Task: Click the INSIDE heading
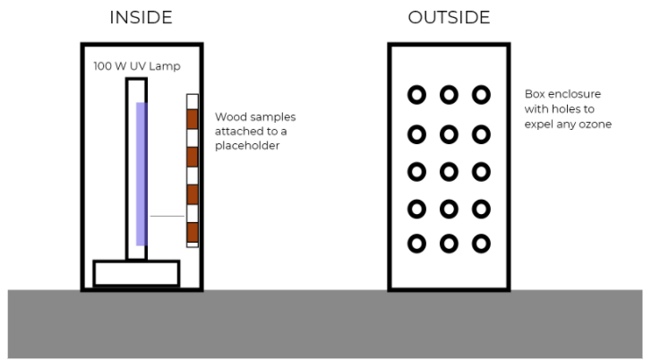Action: [x=142, y=18]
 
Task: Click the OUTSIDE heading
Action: [x=449, y=18]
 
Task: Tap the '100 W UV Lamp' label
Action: [x=126, y=66]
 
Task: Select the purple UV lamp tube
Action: [x=141, y=174]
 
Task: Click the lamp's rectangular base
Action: [x=136, y=272]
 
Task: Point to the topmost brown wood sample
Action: [x=192, y=119]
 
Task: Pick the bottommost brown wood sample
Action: [x=192, y=231]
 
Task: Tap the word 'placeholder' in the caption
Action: [x=246, y=144]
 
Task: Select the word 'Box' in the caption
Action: [x=536, y=94]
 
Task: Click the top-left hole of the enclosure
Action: [x=416, y=94]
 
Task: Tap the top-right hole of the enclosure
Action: [x=481, y=94]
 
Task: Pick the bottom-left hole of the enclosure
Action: [x=416, y=243]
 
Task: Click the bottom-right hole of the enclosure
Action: [x=481, y=243]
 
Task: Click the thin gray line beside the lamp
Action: [x=167, y=216]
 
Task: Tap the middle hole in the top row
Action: [x=449, y=94]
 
